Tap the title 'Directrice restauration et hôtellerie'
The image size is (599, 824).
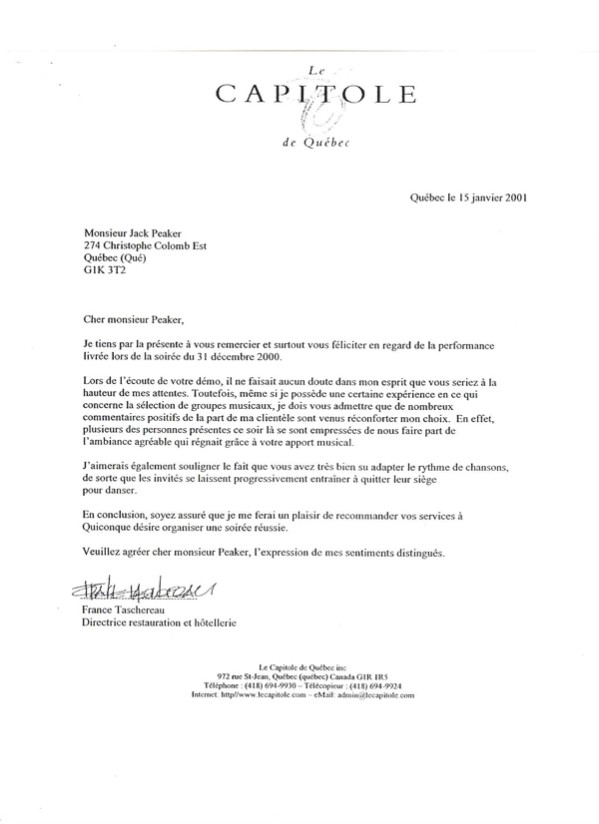pos(165,623)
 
